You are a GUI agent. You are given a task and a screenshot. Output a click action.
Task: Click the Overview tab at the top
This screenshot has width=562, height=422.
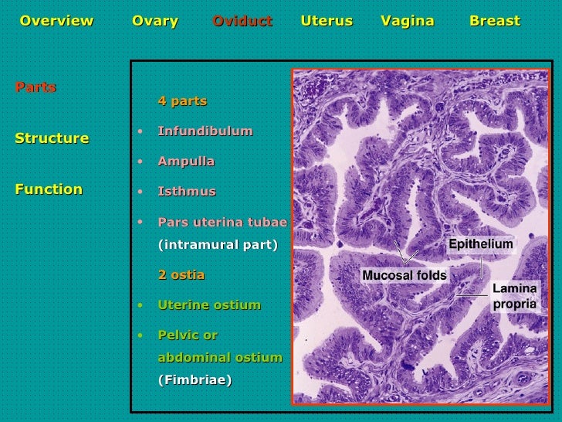click(56, 21)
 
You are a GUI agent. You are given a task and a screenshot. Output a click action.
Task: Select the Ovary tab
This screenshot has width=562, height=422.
click(155, 21)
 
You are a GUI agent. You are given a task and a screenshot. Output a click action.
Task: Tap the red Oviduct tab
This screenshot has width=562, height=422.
click(242, 21)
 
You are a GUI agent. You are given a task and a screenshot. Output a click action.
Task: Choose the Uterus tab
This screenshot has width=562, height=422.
click(327, 21)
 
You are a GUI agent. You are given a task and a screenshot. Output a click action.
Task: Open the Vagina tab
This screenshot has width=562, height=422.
click(408, 21)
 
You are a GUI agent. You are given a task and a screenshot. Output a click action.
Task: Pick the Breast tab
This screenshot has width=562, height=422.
click(495, 21)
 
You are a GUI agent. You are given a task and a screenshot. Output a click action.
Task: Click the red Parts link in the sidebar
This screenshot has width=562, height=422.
click(36, 87)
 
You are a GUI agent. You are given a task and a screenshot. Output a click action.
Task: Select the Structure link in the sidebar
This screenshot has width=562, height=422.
click(52, 138)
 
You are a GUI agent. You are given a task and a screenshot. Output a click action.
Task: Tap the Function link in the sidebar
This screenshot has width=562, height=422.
click(49, 189)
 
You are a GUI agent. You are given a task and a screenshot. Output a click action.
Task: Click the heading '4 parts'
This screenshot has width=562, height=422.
click(182, 101)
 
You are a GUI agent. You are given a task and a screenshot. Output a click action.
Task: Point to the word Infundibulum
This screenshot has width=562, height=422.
click(205, 131)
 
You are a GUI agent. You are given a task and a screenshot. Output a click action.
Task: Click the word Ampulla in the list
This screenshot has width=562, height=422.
click(186, 162)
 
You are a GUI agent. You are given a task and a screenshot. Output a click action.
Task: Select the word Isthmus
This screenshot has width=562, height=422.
click(187, 192)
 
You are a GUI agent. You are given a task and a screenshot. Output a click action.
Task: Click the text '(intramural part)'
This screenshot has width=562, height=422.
click(218, 245)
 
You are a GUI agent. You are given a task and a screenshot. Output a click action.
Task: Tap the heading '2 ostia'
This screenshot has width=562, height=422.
click(181, 275)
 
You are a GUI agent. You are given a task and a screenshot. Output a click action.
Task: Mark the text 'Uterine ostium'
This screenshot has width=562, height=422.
click(209, 305)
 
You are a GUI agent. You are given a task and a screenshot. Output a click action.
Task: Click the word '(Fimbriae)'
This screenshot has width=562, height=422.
click(195, 380)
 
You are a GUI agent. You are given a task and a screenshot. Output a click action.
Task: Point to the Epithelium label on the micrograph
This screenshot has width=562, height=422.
click(481, 244)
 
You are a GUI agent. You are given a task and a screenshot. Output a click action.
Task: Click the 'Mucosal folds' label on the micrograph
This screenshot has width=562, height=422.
click(405, 275)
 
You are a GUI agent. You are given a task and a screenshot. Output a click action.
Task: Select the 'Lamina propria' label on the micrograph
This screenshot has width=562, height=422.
click(515, 297)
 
